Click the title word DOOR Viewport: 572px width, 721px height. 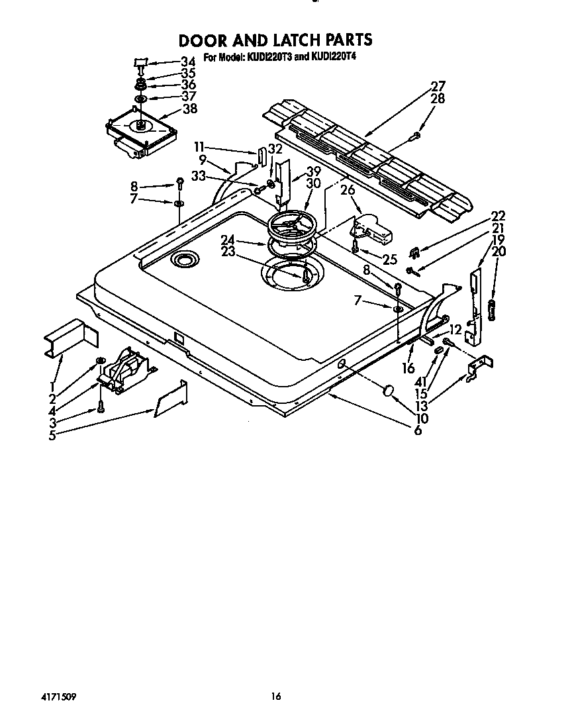[203, 40]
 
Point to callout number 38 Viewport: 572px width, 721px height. [190, 109]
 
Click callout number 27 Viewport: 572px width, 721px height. [438, 86]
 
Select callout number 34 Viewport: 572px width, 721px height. [187, 61]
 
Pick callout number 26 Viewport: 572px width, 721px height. [348, 189]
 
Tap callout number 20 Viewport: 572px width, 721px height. [499, 251]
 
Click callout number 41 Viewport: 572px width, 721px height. [421, 381]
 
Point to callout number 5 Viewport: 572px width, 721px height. [52, 435]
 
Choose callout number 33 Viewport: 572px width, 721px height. [198, 175]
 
